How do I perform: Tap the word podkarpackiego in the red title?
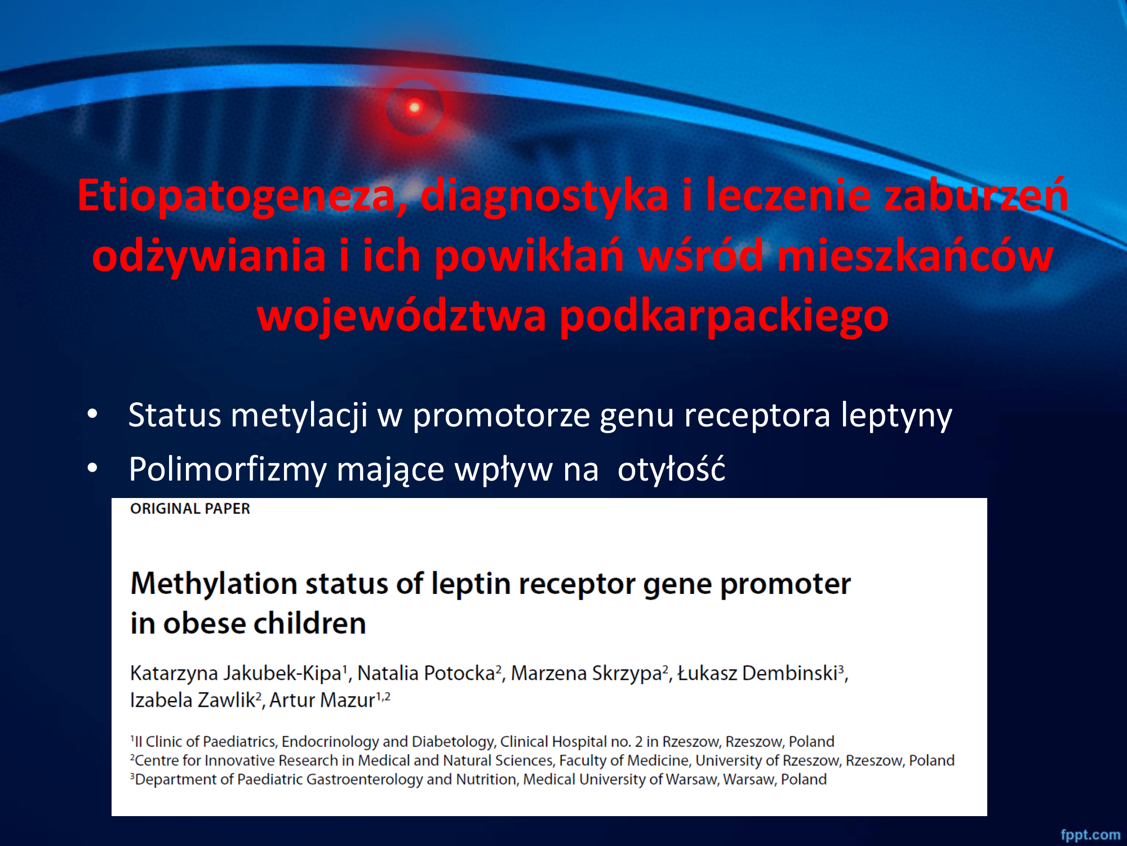724,316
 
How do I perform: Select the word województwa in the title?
402,315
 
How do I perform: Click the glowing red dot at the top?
415,107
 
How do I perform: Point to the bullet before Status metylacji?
92,415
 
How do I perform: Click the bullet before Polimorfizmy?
92,468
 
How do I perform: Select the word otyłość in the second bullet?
671,469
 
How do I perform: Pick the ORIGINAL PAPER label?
190,509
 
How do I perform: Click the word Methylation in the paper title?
214,584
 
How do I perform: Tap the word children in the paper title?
309,623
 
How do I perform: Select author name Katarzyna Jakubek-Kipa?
236,673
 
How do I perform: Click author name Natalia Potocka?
426,673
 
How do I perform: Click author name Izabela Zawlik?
192,700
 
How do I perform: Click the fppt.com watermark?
1090,835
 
